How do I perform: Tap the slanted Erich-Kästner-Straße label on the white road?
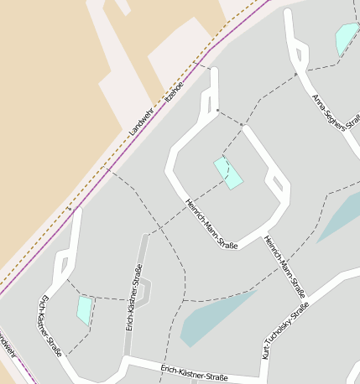(x=50, y=326)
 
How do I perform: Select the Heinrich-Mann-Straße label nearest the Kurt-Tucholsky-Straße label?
(x=284, y=267)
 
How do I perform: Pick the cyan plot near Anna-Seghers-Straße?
(x=346, y=39)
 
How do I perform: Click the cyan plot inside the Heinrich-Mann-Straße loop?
(x=228, y=173)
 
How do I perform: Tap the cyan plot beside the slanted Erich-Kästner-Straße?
(x=84, y=310)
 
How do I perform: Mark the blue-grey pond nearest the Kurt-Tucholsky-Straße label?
(x=214, y=317)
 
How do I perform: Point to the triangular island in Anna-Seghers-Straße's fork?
(x=298, y=56)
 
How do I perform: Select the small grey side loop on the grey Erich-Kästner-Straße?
(x=147, y=293)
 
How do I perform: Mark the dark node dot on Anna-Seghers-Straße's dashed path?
(x=295, y=74)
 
